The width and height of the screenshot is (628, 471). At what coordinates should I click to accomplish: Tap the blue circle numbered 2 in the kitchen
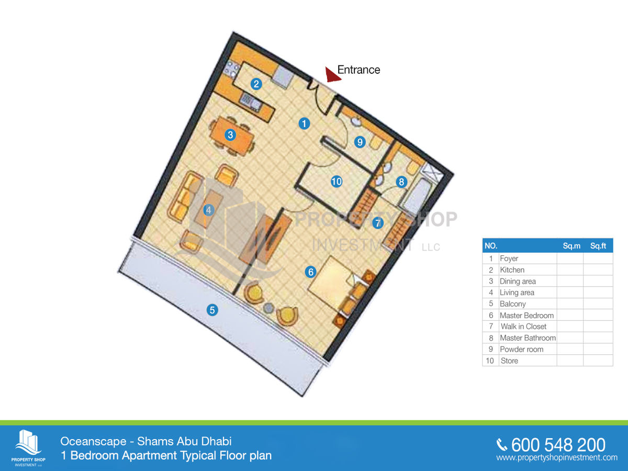coord(256,84)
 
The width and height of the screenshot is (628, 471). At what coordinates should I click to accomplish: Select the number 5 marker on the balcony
coord(212,310)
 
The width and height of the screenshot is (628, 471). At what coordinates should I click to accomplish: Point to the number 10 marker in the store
coord(336,182)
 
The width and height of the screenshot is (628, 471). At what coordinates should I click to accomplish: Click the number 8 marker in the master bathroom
coord(401,182)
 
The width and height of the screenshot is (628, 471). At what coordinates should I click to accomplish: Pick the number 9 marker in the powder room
coord(360,141)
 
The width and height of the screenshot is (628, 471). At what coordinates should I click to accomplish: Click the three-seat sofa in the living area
coord(185,198)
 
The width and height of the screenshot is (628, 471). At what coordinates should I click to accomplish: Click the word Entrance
coord(358,70)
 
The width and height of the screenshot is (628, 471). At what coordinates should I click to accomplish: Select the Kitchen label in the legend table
coord(512,270)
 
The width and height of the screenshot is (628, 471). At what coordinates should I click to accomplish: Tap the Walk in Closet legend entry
coord(523,327)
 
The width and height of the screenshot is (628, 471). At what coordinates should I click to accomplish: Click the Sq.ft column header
coord(598,245)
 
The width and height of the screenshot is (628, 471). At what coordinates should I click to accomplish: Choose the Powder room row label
coord(521,350)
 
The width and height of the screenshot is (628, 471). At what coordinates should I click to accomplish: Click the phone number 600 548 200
coord(558,445)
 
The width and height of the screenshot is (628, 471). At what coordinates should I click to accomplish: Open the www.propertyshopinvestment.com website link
coord(557,458)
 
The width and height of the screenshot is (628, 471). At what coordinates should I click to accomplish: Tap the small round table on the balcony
coord(269,307)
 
